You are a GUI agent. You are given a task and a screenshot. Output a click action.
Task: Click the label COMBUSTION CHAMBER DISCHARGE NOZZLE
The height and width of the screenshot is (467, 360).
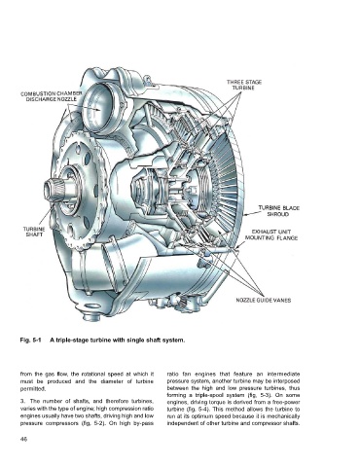(x=52, y=96)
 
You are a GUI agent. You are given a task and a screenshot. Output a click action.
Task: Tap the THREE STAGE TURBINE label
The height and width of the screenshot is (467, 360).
(x=244, y=85)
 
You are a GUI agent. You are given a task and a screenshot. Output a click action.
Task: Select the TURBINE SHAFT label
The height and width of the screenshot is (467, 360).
(x=34, y=232)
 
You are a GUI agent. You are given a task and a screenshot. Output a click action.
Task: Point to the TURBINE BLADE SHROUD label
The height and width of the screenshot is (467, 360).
(x=278, y=211)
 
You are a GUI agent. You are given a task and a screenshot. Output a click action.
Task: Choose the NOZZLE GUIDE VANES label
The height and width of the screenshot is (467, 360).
(x=264, y=300)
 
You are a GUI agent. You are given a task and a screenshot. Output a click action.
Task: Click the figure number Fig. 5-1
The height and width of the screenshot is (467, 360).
(x=29, y=341)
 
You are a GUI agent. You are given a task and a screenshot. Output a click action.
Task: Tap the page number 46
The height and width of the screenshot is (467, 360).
(x=23, y=439)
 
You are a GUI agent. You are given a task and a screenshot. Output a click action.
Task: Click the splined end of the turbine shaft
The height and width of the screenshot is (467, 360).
(x=52, y=189)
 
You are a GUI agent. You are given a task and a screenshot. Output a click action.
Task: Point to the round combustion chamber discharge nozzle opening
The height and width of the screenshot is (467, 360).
(x=96, y=107)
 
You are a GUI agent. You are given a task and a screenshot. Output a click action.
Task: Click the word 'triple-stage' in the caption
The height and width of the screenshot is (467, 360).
(x=70, y=341)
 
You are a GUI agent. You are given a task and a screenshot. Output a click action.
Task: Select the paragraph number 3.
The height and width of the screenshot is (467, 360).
(x=22, y=402)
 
